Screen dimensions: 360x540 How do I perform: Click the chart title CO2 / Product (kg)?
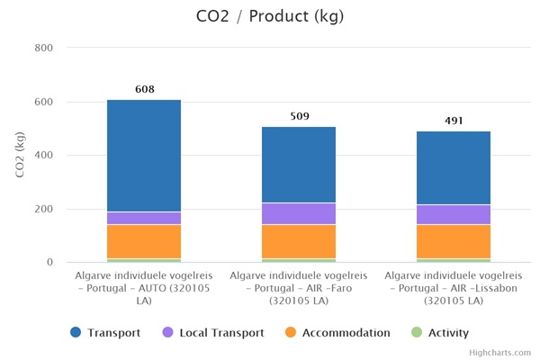click(269, 17)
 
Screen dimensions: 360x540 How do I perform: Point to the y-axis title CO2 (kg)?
click(20, 155)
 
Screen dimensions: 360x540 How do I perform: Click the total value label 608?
click(144, 89)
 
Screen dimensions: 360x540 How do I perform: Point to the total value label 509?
click(299, 116)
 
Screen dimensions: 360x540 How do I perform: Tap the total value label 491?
click(453, 121)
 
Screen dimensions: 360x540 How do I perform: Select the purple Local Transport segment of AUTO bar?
click(144, 218)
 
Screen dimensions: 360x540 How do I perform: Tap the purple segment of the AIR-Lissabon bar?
click(453, 214)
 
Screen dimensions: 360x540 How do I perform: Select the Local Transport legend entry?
click(212, 333)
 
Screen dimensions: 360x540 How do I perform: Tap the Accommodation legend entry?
click(337, 333)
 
